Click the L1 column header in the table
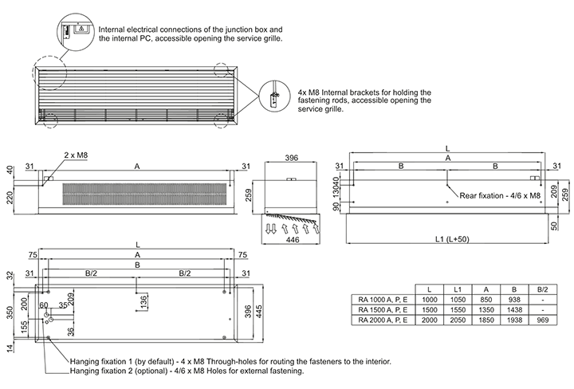tap(458, 289)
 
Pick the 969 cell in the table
tap(542, 320)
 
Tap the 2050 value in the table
tap(458, 320)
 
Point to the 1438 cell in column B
tap(514, 309)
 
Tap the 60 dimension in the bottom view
tap(44, 305)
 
